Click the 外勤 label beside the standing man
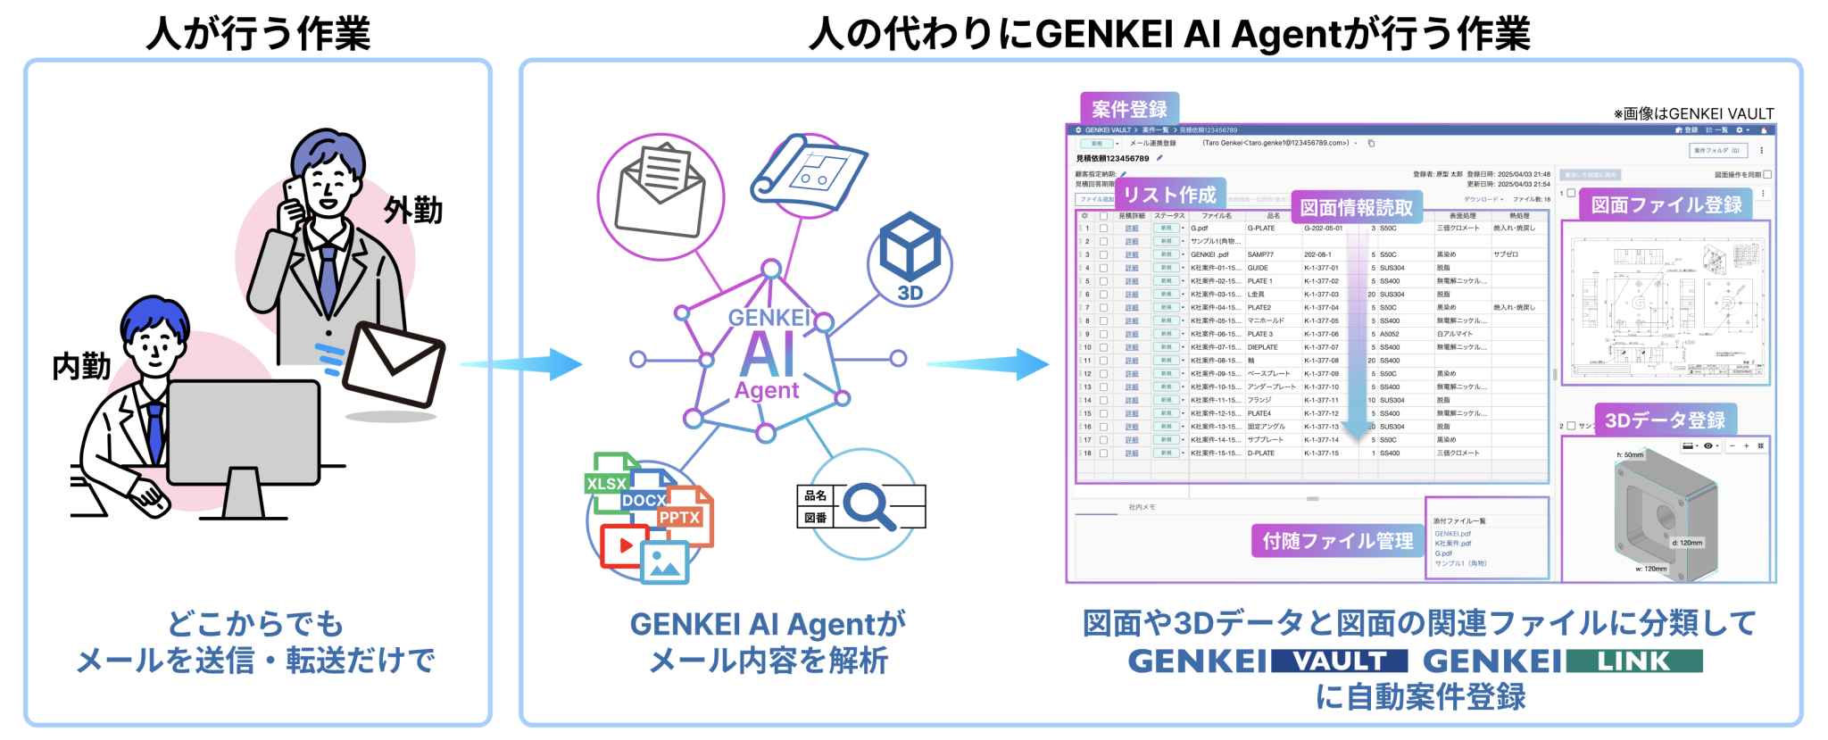coord(413,211)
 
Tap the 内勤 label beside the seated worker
coord(81,366)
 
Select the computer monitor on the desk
coord(243,433)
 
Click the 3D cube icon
coord(910,250)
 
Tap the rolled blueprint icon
coord(808,173)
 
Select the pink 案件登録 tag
coord(1129,109)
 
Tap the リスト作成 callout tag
coord(1169,195)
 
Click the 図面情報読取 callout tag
coord(1356,208)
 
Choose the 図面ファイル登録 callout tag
coord(1666,205)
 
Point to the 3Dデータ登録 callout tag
coord(1665,420)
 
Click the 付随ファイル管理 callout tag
coord(1337,541)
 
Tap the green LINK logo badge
coord(1633,661)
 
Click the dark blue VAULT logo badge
coord(1339,661)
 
